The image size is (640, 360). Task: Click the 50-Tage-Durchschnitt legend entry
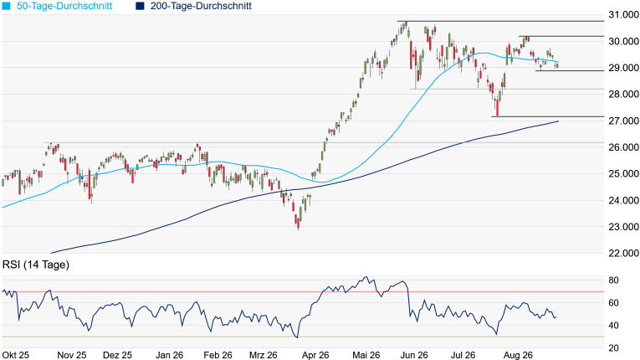[57, 6]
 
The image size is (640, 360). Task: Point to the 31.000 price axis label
[623, 15]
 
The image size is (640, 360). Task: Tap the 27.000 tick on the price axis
[623, 121]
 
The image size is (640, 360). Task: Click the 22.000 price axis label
[623, 254]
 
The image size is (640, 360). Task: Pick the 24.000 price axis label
[623, 200]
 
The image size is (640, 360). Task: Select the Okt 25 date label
[16, 355]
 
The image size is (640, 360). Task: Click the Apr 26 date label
[315, 355]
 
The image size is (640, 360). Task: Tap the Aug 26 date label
[518, 355]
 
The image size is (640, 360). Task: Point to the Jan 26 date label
[169, 355]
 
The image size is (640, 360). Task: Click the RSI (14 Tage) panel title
[35, 265]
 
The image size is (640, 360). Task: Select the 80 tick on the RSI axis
[613, 280]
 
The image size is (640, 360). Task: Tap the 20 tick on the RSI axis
[613, 348]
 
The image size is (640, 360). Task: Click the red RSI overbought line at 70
[303, 291]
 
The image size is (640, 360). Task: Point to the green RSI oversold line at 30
[303, 337]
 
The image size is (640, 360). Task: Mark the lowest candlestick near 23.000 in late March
[299, 224]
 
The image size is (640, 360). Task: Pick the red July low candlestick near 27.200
[497, 109]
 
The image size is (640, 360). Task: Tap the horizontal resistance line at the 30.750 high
[501, 21]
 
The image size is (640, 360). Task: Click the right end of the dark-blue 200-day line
[558, 121]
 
